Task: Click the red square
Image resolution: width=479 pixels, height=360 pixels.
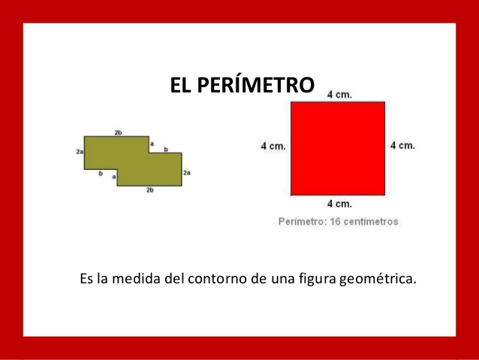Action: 338,148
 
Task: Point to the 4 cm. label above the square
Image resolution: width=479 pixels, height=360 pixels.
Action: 339,95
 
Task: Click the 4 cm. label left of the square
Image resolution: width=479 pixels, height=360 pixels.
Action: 273,146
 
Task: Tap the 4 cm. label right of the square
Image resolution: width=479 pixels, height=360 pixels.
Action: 402,145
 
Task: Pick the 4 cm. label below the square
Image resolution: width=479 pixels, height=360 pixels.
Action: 339,204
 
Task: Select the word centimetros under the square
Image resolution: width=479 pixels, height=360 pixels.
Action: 369,222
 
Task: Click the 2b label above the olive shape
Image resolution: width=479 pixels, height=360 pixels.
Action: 118,132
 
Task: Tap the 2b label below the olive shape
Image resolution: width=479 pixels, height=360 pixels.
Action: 149,190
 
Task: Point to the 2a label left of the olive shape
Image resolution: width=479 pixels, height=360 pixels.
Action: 79,151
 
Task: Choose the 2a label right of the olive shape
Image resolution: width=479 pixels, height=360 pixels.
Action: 187,172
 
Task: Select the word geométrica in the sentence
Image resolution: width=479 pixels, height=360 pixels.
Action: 377,280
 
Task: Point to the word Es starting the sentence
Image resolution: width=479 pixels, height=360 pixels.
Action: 86,280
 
